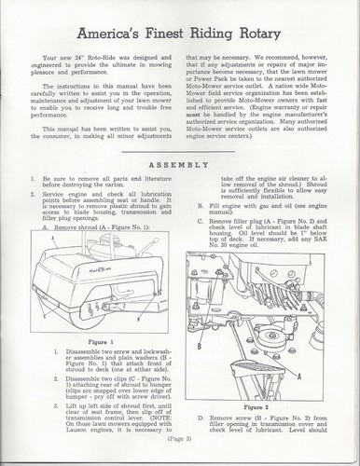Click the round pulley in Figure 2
point(272,336)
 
